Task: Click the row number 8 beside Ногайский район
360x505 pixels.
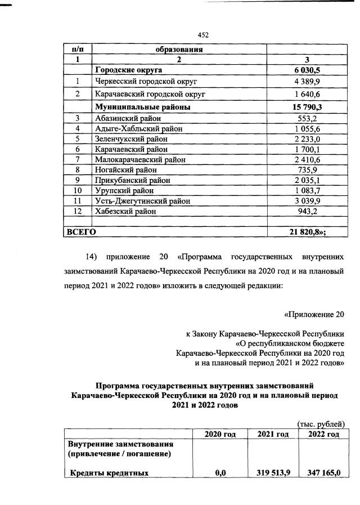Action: [x=79, y=169]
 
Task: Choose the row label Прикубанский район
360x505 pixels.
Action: [x=133, y=180]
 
